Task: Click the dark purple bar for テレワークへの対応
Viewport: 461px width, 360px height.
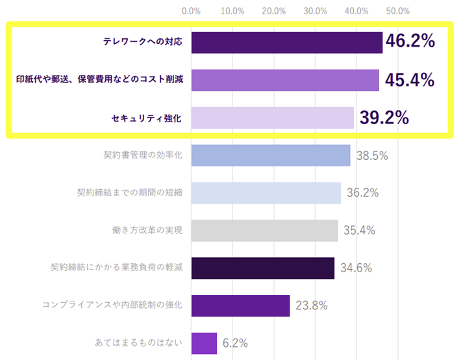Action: click(286, 42)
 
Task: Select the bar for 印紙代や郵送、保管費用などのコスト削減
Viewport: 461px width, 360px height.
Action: click(285, 80)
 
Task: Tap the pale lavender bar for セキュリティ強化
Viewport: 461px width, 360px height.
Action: click(272, 118)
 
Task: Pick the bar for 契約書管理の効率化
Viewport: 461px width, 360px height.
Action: click(270, 155)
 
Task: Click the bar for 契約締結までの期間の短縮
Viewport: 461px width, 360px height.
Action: click(266, 193)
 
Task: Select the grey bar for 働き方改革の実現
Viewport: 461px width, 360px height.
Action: click(264, 230)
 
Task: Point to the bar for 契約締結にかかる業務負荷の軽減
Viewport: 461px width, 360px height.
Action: click(262, 268)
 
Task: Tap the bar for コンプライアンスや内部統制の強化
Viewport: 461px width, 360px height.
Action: click(240, 305)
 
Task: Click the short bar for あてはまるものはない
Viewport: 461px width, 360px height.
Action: click(204, 342)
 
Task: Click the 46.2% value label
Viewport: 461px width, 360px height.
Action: click(410, 42)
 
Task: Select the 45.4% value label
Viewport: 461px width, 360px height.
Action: click(409, 79)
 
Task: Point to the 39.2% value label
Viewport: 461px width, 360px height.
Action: click(384, 117)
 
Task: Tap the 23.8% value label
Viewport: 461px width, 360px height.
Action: click(312, 305)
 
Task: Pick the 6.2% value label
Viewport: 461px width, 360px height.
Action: click(236, 342)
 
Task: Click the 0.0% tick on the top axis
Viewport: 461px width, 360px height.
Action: click(191, 11)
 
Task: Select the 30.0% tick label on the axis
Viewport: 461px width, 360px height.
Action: click(315, 11)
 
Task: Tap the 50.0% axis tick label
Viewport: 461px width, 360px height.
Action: click(397, 11)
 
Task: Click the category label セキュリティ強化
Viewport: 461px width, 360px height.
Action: click(146, 118)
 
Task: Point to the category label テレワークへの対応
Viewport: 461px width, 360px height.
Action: click(143, 42)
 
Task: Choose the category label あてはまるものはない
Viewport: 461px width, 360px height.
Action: click(138, 342)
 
